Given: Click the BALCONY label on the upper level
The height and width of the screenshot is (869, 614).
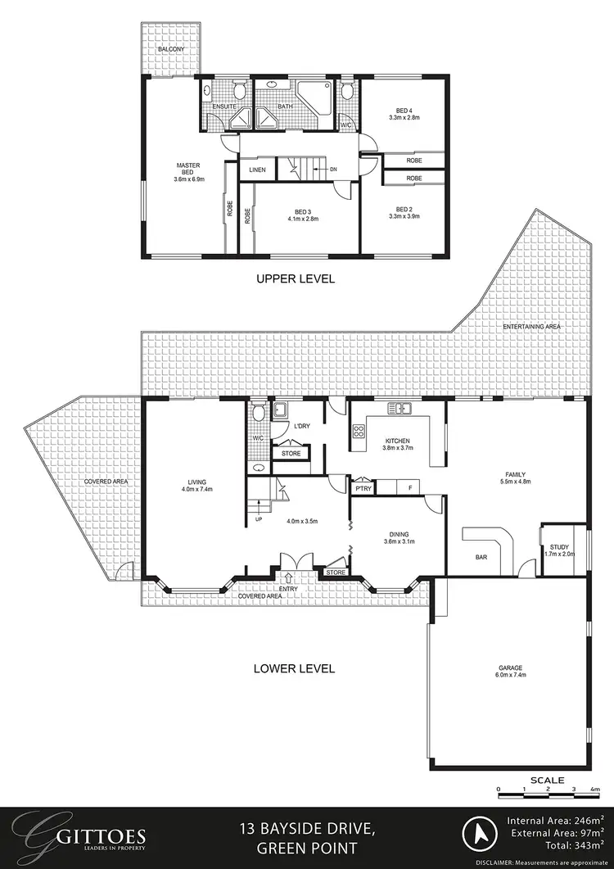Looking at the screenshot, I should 172,49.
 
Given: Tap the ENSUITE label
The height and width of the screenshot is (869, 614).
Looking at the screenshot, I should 224,106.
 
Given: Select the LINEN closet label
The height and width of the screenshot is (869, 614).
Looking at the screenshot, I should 256,170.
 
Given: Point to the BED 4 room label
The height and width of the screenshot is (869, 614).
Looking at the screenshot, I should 404,110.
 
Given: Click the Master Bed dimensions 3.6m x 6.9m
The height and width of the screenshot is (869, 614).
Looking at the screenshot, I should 188,179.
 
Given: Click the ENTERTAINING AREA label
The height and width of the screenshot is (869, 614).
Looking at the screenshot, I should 532,327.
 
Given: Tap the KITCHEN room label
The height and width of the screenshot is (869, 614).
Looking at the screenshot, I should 395,441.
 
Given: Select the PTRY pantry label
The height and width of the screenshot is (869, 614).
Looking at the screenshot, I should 363,488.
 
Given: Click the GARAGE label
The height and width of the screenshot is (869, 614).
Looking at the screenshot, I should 508,667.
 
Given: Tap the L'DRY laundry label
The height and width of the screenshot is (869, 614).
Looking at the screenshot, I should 301,427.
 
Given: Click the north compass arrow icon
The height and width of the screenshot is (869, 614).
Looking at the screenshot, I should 476,835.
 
